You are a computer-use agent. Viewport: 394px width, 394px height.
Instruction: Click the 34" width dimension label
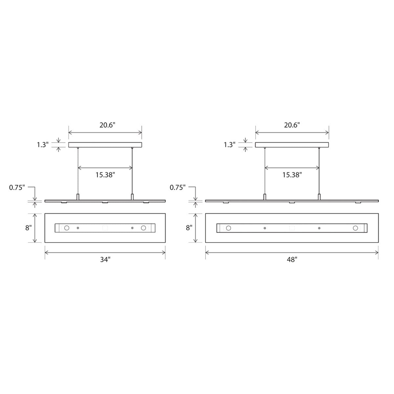coord(105,260)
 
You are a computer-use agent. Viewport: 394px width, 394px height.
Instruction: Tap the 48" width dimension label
coord(292,260)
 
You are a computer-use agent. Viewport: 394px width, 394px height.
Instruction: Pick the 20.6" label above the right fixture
coord(292,125)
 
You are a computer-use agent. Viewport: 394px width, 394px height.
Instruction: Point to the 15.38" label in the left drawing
coord(105,175)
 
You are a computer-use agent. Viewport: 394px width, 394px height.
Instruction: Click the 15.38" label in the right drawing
coord(292,175)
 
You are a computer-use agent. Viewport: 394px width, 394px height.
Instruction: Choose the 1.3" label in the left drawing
coord(42,144)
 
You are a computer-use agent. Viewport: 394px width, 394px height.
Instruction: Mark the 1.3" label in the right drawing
coord(230,144)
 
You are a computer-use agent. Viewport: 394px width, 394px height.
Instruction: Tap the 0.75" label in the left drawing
coord(17,187)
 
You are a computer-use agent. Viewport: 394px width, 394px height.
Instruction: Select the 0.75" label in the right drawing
coord(178,187)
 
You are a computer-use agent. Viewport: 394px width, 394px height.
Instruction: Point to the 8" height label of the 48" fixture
coord(188,228)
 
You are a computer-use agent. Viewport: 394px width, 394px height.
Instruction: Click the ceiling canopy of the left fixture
coord(105,145)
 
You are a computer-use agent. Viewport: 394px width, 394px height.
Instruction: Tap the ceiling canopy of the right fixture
coord(292,145)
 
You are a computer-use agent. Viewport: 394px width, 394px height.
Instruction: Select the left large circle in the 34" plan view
coord(66,228)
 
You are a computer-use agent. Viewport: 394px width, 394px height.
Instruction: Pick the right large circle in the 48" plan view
coord(356,228)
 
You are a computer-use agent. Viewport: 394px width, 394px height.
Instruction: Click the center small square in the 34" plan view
coord(105,228)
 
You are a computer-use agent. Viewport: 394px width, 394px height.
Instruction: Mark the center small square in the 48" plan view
coord(292,228)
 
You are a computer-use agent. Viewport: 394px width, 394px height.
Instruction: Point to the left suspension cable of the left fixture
coord(78,171)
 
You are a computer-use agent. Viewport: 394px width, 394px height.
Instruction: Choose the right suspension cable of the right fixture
coord(319,171)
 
